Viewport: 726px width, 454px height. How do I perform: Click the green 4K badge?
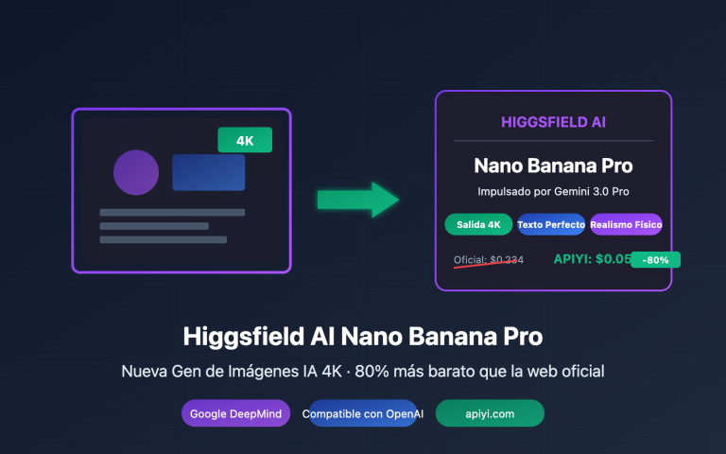coord(245,140)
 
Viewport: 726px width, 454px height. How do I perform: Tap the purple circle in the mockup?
coord(136,172)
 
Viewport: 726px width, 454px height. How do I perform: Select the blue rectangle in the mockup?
coord(208,172)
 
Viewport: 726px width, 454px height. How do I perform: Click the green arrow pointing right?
coord(357,199)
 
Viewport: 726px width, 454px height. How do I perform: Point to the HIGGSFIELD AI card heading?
coord(553,122)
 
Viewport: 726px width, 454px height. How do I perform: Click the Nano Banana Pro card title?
coord(553,166)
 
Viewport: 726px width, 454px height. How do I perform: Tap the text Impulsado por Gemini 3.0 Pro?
coord(553,192)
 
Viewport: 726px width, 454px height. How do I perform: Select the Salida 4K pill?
coord(478,224)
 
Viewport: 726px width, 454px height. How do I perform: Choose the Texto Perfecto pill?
coord(551,224)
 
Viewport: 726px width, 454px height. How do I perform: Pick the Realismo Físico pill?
coord(626,224)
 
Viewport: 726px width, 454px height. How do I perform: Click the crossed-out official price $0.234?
coord(489,259)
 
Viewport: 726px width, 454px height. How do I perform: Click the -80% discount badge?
coord(656,259)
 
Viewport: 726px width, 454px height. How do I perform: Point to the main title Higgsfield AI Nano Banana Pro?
coord(363,336)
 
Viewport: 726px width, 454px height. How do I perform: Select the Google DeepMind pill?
coord(236,414)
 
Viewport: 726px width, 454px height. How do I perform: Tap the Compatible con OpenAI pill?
coord(359,414)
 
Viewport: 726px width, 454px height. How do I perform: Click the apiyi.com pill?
coord(490,414)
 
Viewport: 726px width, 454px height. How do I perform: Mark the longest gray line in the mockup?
coord(172,212)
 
